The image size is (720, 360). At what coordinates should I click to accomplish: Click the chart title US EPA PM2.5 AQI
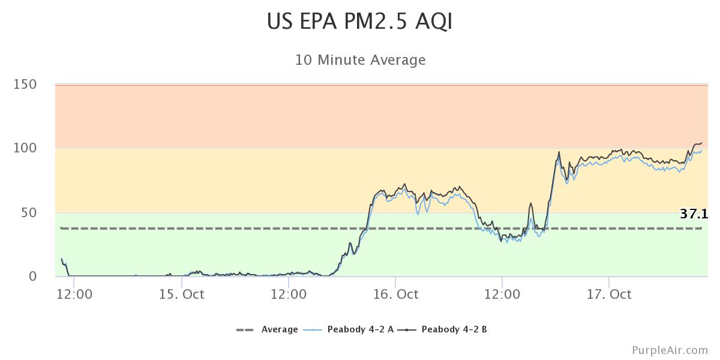359,22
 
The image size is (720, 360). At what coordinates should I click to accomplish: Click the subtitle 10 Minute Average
360,60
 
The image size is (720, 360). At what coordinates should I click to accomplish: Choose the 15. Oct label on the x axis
182,294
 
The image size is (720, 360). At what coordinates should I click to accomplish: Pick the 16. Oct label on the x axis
395,294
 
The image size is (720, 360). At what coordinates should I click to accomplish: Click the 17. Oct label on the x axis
609,294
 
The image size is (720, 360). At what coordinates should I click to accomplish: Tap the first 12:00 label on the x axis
75,294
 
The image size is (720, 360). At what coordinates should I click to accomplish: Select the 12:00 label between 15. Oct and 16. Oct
289,294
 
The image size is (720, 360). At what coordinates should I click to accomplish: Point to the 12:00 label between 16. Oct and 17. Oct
502,294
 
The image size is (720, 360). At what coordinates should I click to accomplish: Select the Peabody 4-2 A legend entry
360,329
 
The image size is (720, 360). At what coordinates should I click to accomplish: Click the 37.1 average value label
694,214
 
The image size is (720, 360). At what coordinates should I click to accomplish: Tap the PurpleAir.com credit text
670,350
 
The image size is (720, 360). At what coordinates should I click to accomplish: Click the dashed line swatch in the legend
246,329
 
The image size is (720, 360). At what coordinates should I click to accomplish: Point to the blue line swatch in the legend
313,329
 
